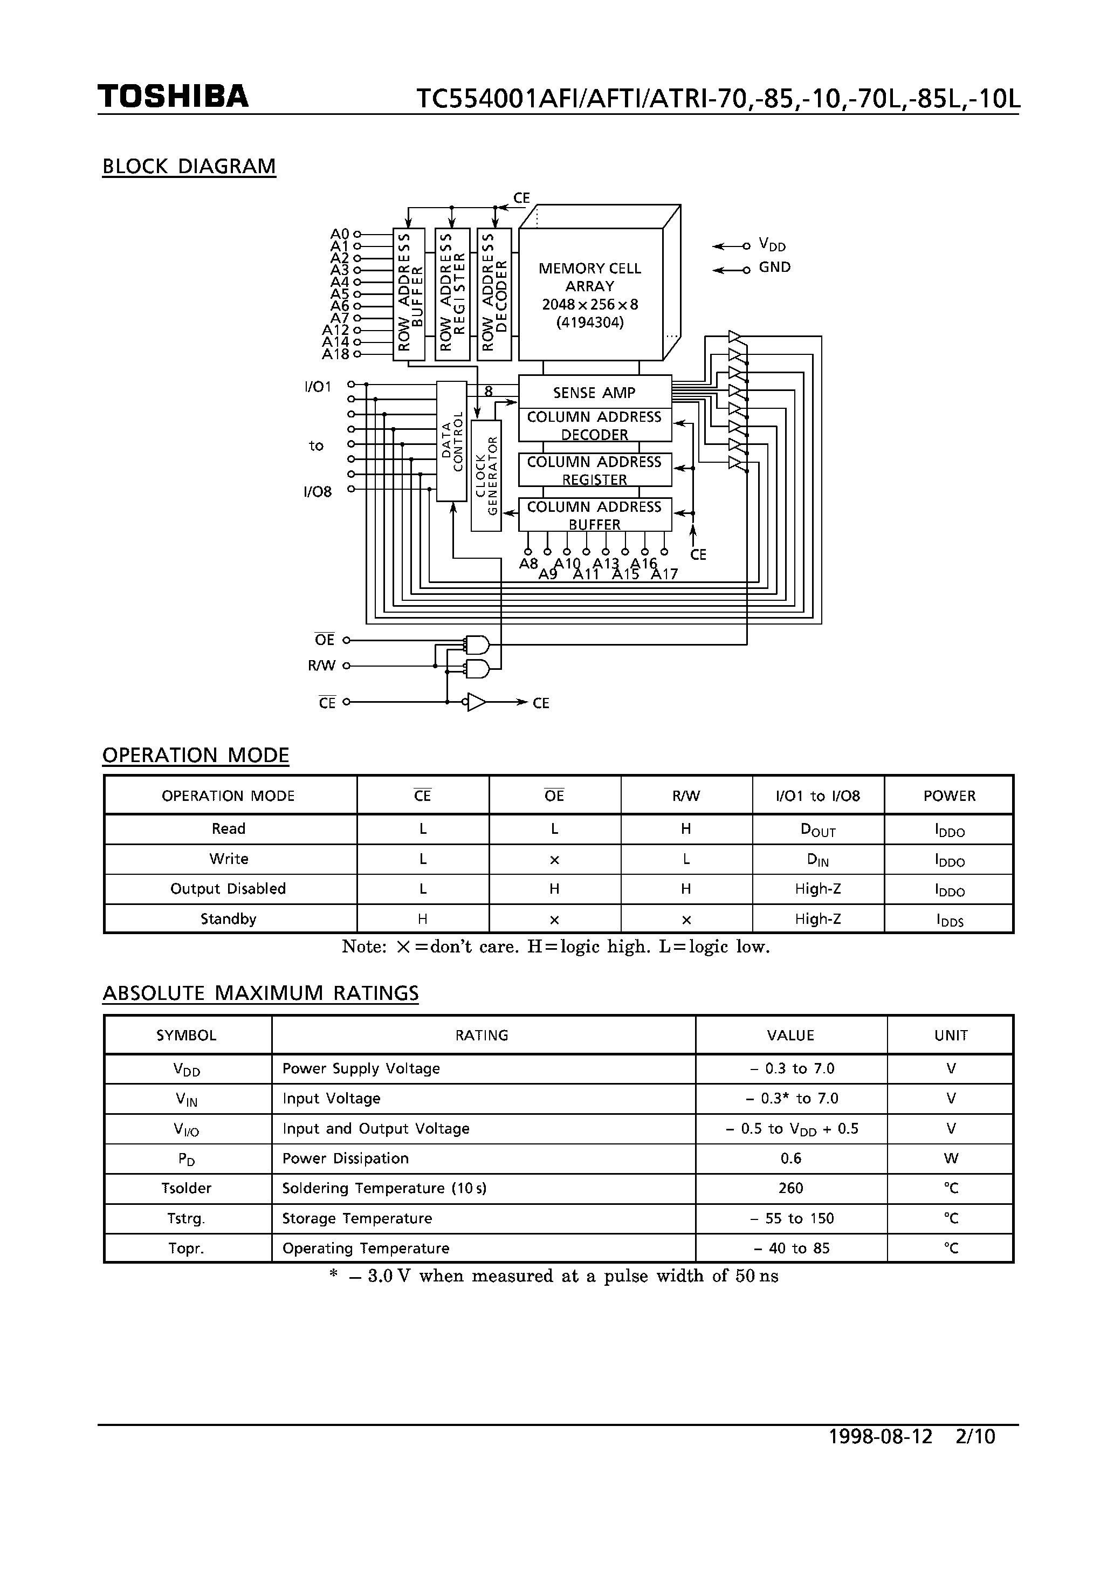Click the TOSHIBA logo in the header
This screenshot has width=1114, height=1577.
tap(173, 97)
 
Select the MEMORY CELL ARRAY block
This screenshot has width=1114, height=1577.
tap(590, 296)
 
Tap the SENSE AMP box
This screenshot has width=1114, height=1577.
tap(595, 392)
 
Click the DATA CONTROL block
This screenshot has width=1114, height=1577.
tap(451, 441)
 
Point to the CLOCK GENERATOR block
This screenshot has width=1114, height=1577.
tap(486, 475)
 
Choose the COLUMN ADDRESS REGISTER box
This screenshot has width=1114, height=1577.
tap(595, 470)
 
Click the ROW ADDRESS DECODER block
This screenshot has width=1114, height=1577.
tap(494, 294)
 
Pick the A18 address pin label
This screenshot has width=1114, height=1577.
tap(336, 354)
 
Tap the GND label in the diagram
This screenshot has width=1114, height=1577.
tap(775, 267)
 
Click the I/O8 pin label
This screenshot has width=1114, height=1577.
tap(317, 492)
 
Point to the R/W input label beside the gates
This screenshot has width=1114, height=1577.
tap(321, 666)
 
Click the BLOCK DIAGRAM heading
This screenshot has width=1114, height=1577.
tap(189, 166)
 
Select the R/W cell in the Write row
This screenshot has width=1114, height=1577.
tap(686, 859)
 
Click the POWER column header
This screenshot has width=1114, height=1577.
tap(949, 796)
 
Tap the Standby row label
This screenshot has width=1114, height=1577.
tap(229, 919)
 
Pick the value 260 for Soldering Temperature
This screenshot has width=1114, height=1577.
tap(790, 1188)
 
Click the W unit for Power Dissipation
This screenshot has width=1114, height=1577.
tap(951, 1158)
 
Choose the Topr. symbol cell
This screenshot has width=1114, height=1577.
tap(186, 1248)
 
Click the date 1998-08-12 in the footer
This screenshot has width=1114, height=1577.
tap(881, 1436)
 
